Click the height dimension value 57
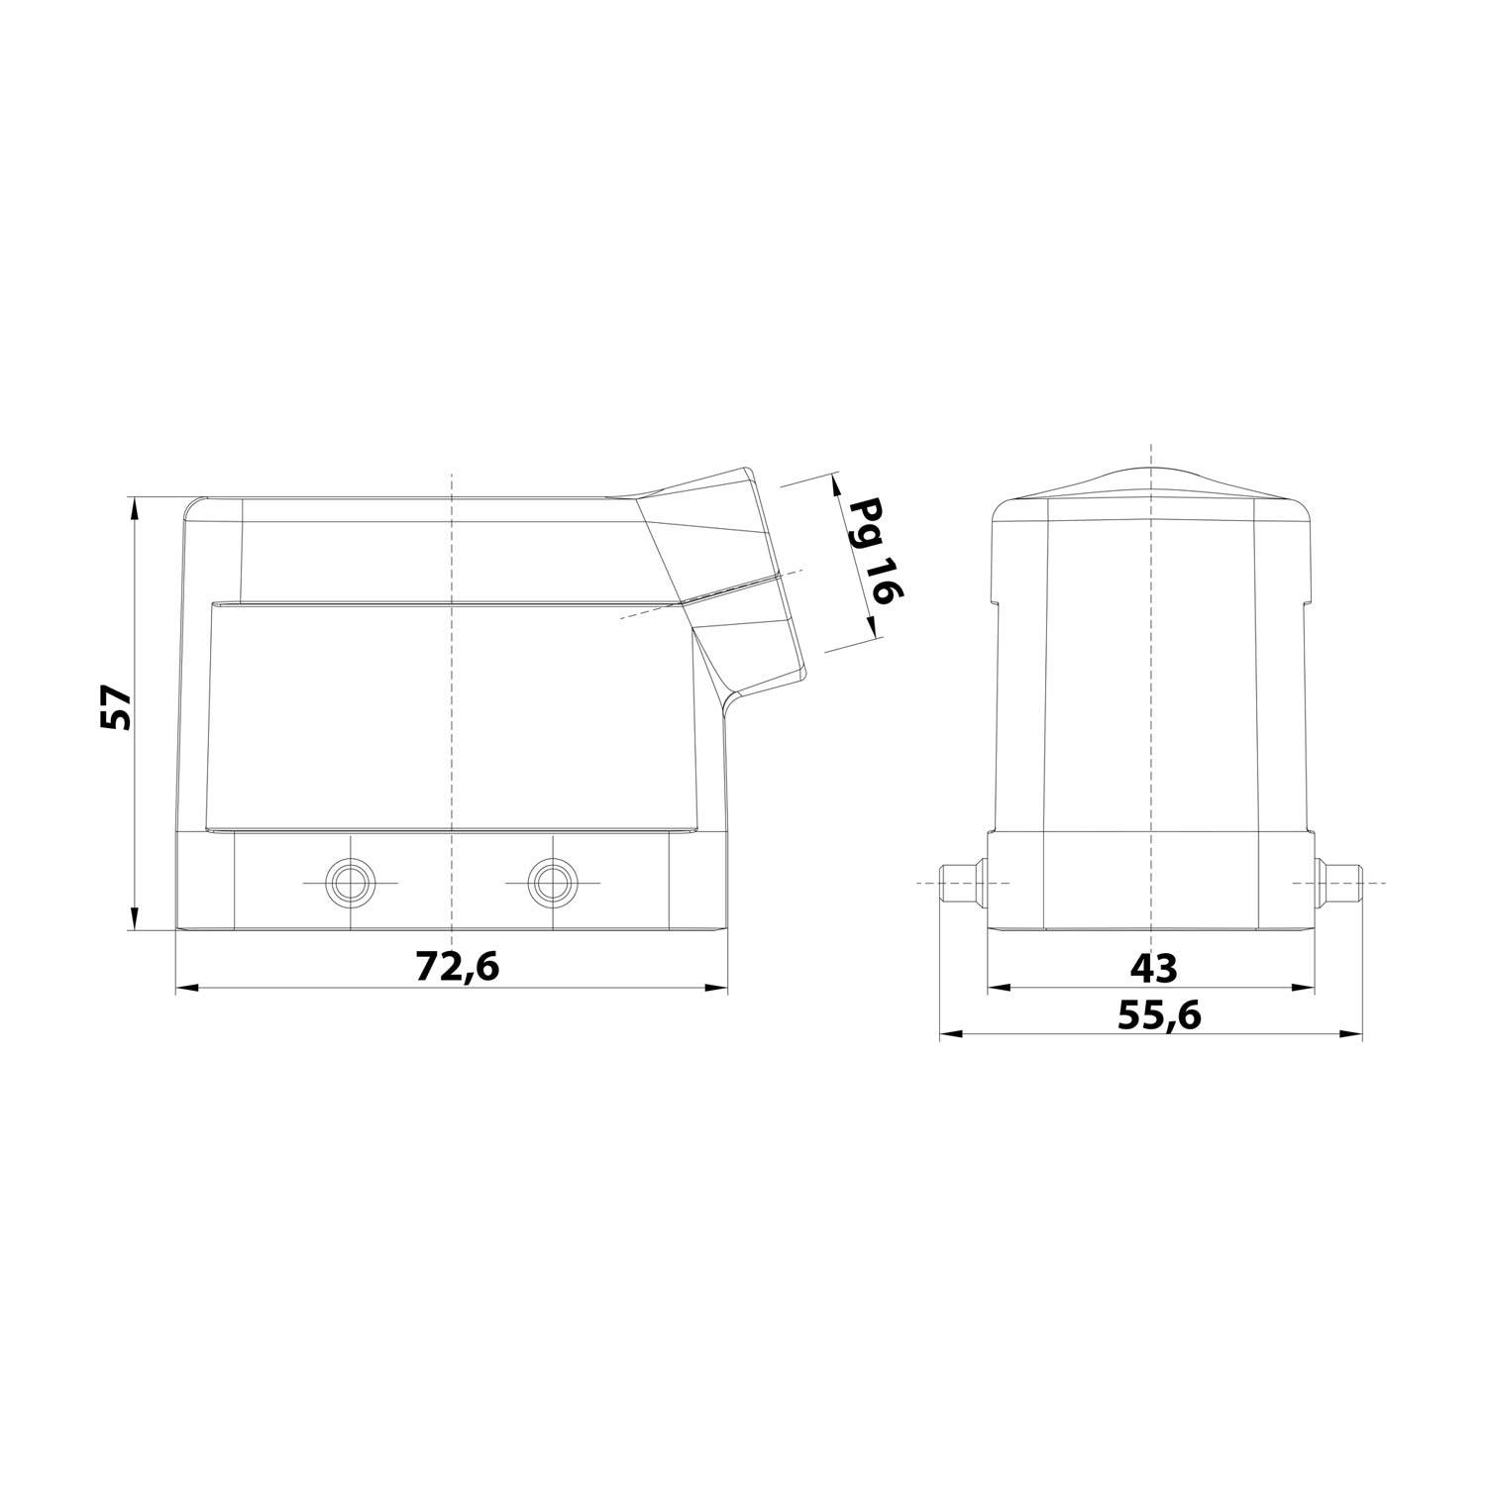(116, 706)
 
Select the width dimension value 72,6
(457, 966)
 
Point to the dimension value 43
(1153, 968)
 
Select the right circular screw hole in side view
(550, 881)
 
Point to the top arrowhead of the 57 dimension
(133, 506)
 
